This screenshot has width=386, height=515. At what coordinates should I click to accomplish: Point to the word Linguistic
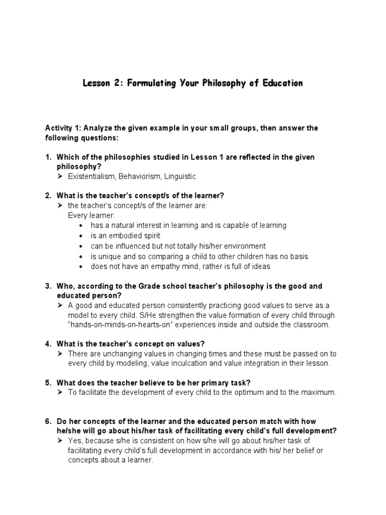coord(179,177)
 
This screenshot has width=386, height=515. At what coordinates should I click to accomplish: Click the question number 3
coord(48,286)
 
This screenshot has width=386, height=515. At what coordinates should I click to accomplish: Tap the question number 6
coord(48,421)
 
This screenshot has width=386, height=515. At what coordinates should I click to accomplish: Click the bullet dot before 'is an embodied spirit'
coord(81,236)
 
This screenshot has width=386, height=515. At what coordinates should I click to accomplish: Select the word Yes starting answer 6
coord(74,441)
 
